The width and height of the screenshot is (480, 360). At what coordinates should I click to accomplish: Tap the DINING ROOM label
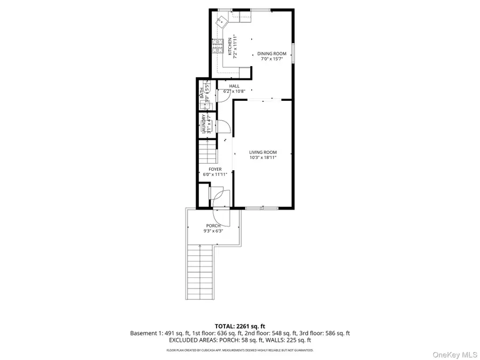[271, 53]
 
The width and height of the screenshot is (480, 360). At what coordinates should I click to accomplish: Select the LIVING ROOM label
[263, 152]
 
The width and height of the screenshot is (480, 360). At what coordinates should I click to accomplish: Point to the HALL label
[234, 86]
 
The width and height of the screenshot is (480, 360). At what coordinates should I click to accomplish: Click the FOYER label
[215, 169]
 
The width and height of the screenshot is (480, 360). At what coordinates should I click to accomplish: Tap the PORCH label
[213, 226]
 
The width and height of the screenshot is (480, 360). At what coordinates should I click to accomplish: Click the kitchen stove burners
[218, 47]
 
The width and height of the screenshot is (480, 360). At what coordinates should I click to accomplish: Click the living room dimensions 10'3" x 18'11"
[263, 157]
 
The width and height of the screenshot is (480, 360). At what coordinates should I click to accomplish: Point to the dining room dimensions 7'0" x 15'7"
[271, 59]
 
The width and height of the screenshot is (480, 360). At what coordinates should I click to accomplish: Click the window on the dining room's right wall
[293, 55]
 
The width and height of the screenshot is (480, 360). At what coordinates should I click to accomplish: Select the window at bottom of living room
[261, 207]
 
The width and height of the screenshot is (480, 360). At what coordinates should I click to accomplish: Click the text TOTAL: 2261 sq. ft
[239, 326]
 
